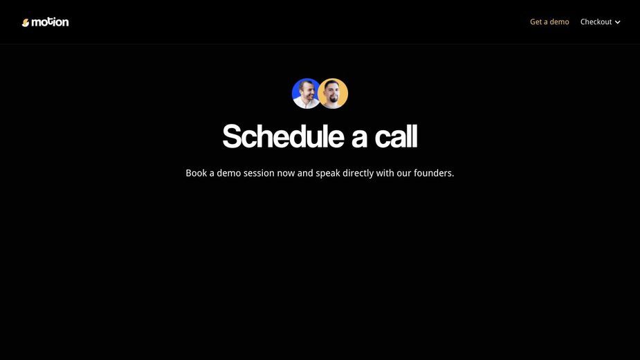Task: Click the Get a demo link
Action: pyautogui.click(x=549, y=22)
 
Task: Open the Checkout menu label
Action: pyautogui.click(x=596, y=22)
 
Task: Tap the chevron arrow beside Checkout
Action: pyautogui.click(x=618, y=22)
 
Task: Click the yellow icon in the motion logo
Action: pyautogui.click(x=26, y=23)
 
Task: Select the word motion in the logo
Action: pyautogui.click(x=50, y=22)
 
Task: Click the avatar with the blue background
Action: pyautogui.click(x=306, y=93)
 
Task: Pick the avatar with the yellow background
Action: pyautogui.click(x=333, y=93)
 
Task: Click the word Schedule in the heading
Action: pyautogui.click(x=283, y=136)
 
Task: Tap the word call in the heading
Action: pyautogui.click(x=396, y=136)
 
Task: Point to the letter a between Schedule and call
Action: pyautogui.click(x=360, y=138)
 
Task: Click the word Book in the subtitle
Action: pyautogui.click(x=196, y=173)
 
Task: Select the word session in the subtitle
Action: pyautogui.click(x=259, y=173)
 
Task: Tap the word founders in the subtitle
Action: pyautogui.click(x=432, y=173)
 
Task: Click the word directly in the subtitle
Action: pyautogui.click(x=358, y=173)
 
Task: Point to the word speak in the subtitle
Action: pyautogui.click(x=328, y=174)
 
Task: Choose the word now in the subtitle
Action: pyautogui.click(x=286, y=174)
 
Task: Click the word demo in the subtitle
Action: pyautogui.click(x=228, y=173)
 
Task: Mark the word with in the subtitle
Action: pyautogui.click(x=385, y=173)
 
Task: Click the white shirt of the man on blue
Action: pyautogui.click(x=302, y=103)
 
